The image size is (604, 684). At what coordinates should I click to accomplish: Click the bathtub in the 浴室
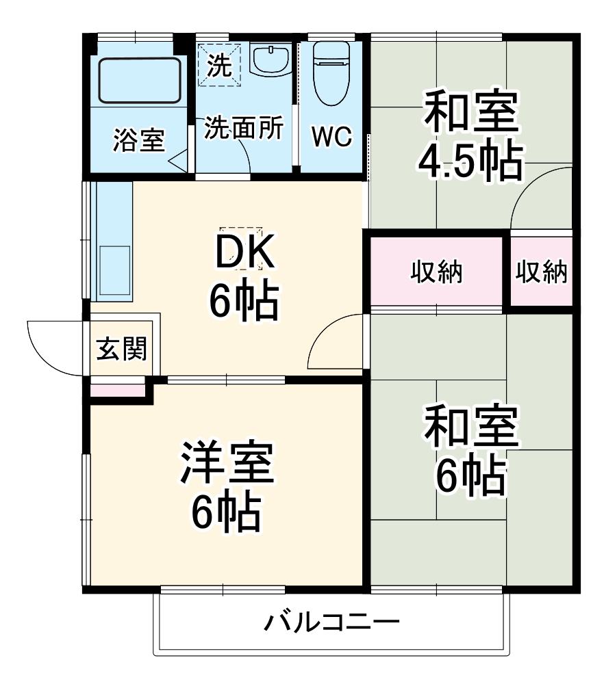140,81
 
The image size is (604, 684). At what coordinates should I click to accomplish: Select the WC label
331,137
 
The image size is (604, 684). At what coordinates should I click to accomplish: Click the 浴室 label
138,141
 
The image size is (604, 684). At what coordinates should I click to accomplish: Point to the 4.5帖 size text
471,160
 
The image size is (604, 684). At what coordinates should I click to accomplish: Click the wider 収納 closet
436,273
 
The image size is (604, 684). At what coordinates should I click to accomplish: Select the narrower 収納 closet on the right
541,273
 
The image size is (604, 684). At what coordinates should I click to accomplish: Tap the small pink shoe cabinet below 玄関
118,390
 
